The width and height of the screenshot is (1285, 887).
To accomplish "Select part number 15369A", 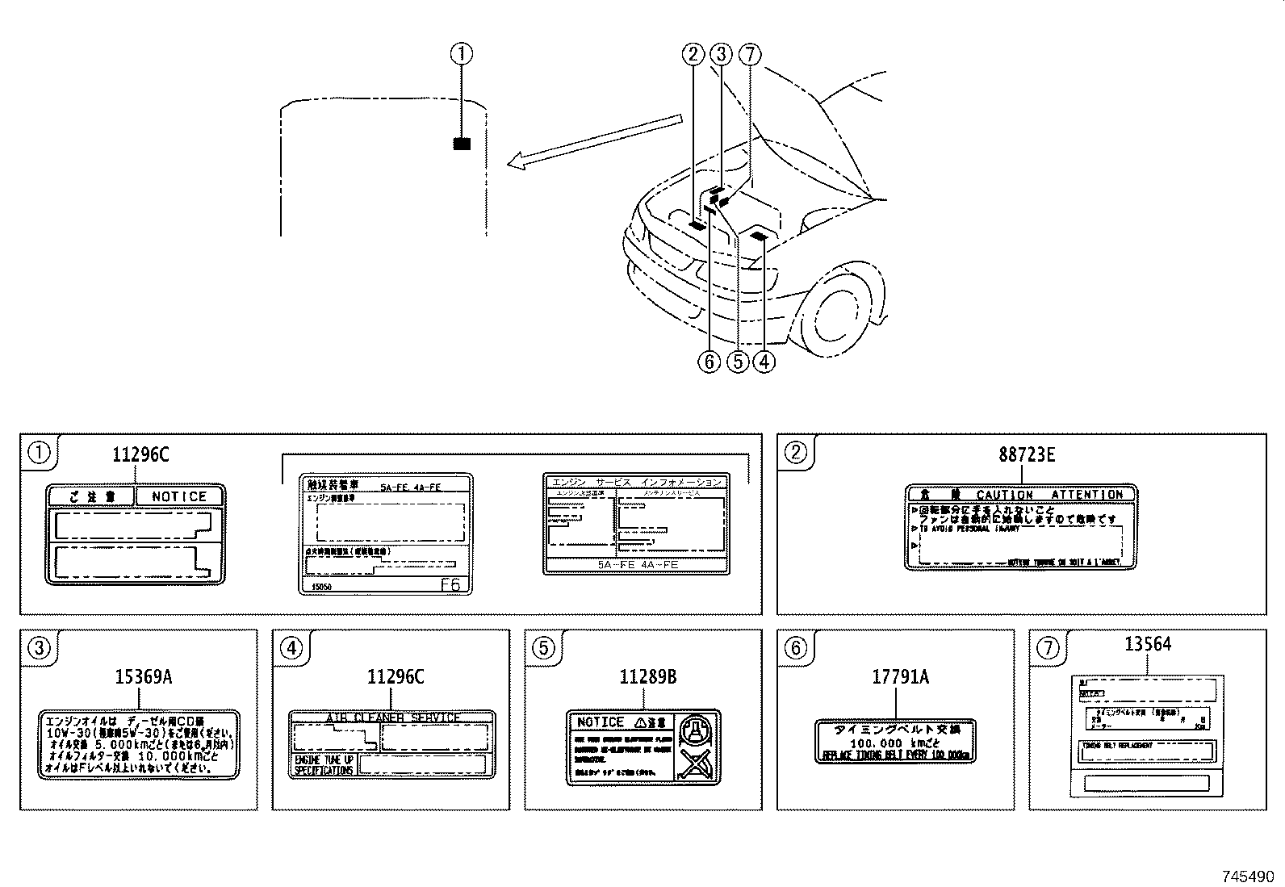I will click(x=144, y=677).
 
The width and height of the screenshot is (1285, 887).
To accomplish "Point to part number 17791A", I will click(x=900, y=677).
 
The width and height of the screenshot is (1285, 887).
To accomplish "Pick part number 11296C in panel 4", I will click(x=395, y=677).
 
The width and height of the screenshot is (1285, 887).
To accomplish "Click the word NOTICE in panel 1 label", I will click(x=179, y=496).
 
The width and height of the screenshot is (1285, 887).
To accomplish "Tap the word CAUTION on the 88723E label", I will click(x=1004, y=495).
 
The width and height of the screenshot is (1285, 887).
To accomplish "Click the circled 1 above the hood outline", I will click(x=461, y=54).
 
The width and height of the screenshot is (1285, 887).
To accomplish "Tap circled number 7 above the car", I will click(x=750, y=54).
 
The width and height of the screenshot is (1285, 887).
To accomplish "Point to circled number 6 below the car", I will click(x=709, y=362).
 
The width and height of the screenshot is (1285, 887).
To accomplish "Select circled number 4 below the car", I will click(x=764, y=362).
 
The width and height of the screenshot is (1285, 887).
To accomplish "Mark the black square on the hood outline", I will click(x=462, y=144).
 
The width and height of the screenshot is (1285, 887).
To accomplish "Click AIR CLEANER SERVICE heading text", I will click(x=392, y=717).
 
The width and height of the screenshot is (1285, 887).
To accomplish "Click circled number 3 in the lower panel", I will click(x=40, y=648).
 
